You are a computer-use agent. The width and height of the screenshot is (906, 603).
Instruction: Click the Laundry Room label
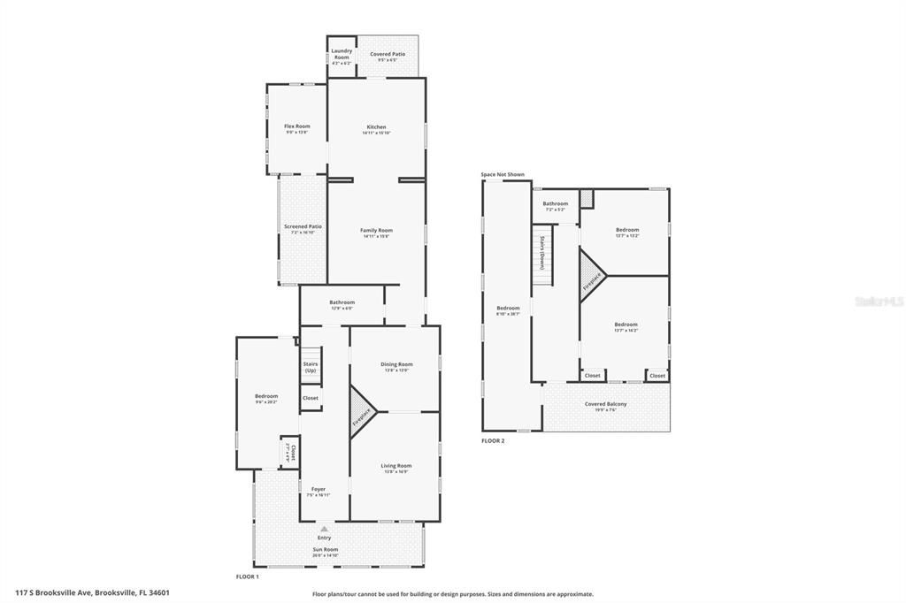tap(342, 54)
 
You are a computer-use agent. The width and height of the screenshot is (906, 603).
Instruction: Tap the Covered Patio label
tap(388, 54)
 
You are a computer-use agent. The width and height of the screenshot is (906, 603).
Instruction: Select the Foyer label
tap(319, 490)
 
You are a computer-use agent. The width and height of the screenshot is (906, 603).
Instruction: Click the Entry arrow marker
tap(324, 529)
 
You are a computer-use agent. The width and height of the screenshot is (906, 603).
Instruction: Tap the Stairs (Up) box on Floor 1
tap(311, 367)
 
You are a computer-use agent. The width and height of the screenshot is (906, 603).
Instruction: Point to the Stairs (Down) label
tap(541, 254)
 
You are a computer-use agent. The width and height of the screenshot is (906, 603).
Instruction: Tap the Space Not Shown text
tap(503, 174)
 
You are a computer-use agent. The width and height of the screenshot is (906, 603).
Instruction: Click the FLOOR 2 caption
tap(493, 440)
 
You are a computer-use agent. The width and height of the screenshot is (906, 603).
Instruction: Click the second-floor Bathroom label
tap(556, 204)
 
